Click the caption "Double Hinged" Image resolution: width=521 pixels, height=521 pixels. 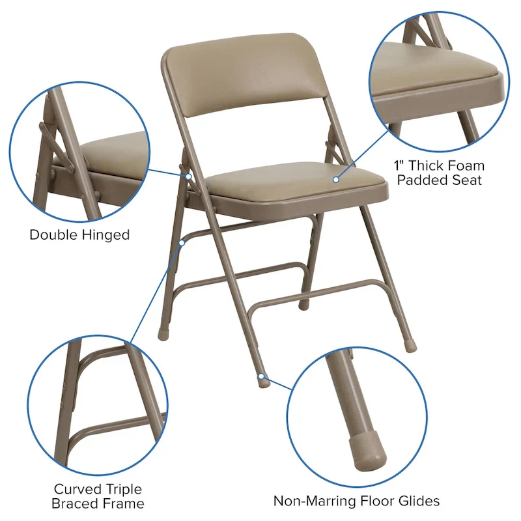click(x=79, y=234)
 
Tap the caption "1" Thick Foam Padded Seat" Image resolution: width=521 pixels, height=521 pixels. click(x=440, y=173)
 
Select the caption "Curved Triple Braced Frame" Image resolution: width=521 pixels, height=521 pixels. click(x=98, y=496)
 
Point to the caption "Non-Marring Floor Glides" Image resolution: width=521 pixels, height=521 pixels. click(x=356, y=501)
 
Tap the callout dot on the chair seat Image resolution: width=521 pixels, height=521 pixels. click(x=336, y=178)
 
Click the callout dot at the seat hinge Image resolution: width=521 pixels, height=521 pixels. click(x=188, y=176)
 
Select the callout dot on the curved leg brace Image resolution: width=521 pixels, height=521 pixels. click(x=183, y=242)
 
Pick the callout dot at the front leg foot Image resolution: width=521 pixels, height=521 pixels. click(x=260, y=376)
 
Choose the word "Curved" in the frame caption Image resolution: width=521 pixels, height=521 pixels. click(x=78, y=488)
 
